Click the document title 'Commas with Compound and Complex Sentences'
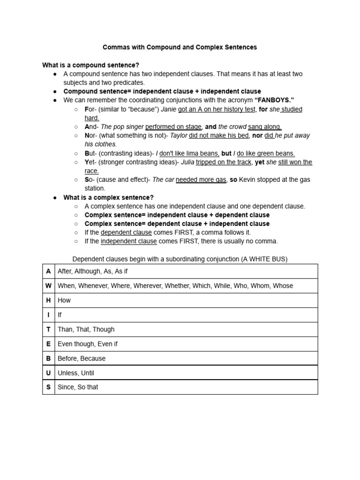pos(180,47)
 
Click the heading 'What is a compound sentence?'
pos(90,65)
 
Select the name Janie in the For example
pos(168,109)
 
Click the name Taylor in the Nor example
pos(178,135)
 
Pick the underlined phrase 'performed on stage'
pos(173,127)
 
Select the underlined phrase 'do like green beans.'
pos(266,153)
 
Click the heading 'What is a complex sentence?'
pos(108,197)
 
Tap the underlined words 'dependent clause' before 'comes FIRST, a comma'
pos(126,232)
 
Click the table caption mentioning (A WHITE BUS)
pos(180,259)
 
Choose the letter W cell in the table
pos(48,285)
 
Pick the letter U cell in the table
pos(48,373)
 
